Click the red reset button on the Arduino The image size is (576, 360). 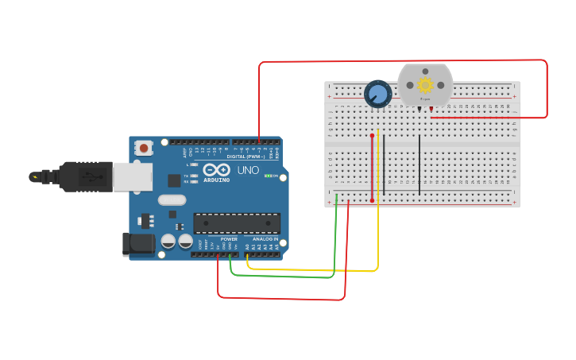[143, 148]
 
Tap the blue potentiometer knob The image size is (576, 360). [377, 95]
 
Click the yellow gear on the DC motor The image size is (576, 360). [425, 85]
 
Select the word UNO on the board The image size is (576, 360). [248, 170]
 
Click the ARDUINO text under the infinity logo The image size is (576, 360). [216, 180]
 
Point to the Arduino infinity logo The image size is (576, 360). [216, 170]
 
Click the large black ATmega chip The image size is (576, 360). [237, 223]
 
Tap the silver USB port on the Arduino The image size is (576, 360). [132, 177]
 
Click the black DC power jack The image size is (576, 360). [138, 244]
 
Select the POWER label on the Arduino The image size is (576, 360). [229, 239]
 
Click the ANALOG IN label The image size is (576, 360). [265, 239]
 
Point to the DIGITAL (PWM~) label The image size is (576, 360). [246, 157]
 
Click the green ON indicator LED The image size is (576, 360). [268, 176]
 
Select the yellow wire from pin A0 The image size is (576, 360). [318, 269]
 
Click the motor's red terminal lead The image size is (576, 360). [431, 110]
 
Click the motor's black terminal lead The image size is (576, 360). [419, 110]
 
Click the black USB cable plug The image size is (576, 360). [83, 177]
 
